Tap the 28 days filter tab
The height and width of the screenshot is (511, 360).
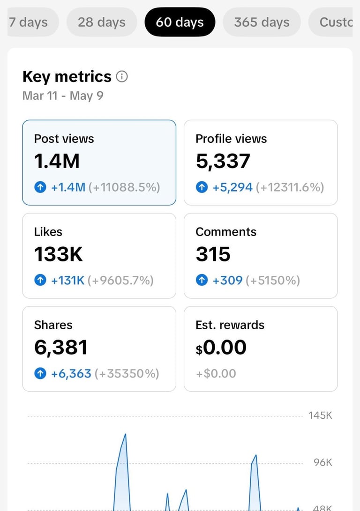point(102,22)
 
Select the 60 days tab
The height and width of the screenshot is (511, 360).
point(180,22)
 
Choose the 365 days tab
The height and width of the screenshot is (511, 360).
point(262,22)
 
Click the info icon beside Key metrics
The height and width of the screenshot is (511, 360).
point(122,77)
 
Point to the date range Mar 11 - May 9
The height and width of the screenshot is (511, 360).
point(63,96)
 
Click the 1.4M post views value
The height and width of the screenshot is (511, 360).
point(57,161)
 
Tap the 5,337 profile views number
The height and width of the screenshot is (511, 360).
point(223,161)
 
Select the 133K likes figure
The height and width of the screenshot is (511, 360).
point(59,254)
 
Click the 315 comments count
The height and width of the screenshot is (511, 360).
point(213,254)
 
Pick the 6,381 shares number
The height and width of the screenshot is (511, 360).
point(61,348)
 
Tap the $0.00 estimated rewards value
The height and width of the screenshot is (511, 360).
point(221,348)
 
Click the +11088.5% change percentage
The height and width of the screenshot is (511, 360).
point(124,187)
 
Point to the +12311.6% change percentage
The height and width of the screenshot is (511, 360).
point(290,187)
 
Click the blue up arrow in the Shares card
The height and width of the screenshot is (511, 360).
point(40,373)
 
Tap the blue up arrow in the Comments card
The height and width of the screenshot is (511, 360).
point(202,280)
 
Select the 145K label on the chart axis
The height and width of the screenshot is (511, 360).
point(320,415)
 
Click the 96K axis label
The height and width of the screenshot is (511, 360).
point(323,462)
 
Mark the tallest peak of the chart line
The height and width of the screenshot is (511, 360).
point(125,434)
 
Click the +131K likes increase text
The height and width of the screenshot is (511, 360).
point(68,280)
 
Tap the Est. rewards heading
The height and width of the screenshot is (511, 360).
point(230,325)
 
